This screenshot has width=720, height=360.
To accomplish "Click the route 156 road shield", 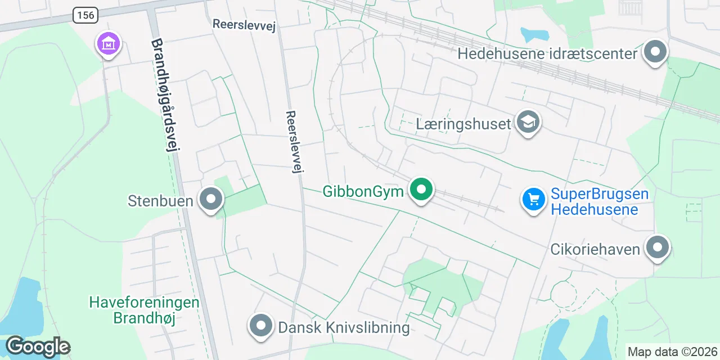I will pyautogui.click(x=85, y=15).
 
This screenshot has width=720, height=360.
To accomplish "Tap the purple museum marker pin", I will pyautogui.click(x=109, y=43).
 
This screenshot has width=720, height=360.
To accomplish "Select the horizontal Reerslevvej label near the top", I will pyautogui.click(x=244, y=25).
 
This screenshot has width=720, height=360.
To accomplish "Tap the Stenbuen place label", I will pyautogui.click(x=161, y=201).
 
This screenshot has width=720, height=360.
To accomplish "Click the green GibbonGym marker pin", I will pyautogui.click(x=421, y=190).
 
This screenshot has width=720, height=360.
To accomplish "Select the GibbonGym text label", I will pyautogui.click(x=363, y=192).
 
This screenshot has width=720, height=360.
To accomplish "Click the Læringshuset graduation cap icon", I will pyautogui.click(x=528, y=122).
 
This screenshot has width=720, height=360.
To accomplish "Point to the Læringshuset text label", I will pyautogui.click(x=463, y=124).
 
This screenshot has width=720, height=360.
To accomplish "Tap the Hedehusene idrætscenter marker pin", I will pyautogui.click(x=655, y=52).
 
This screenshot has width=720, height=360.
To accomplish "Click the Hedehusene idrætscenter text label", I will pyautogui.click(x=547, y=54).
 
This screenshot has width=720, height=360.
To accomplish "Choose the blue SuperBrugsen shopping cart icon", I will pyautogui.click(x=534, y=199).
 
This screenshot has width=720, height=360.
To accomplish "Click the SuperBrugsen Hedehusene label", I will pyautogui.click(x=600, y=202).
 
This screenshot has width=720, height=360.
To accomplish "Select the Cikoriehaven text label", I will pyautogui.click(x=595, y=249).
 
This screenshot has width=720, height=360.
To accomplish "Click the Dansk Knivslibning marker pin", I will pyautogui.click(x=260, y=326).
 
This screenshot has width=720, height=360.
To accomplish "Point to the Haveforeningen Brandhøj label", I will pyautogui.click(x=144, y=310).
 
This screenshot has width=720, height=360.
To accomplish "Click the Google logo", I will pyautogui.click(x=38, y=347).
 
